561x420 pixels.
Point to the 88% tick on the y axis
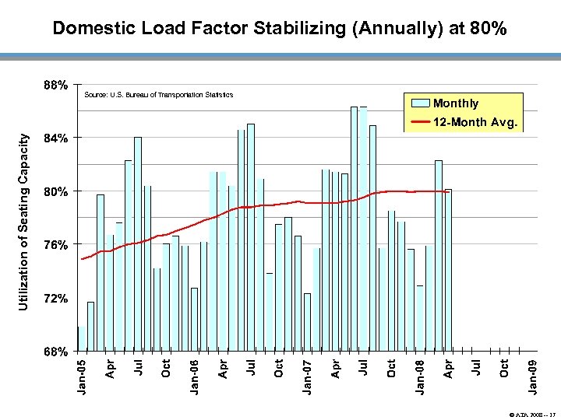point(55,84)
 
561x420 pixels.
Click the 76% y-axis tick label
point(55,245)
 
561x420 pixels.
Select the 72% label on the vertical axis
point(55,299)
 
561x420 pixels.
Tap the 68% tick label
point(55,352)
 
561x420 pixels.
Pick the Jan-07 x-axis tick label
point(307,374)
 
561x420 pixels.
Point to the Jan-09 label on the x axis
point(532,374)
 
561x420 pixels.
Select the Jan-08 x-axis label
point(420,374)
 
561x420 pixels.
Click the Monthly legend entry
point(456,103)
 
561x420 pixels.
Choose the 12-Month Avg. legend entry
point(475,123)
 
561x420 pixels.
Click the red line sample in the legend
point(420,123)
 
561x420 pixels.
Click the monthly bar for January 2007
point(307,322)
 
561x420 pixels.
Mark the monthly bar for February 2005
point(91,327)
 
